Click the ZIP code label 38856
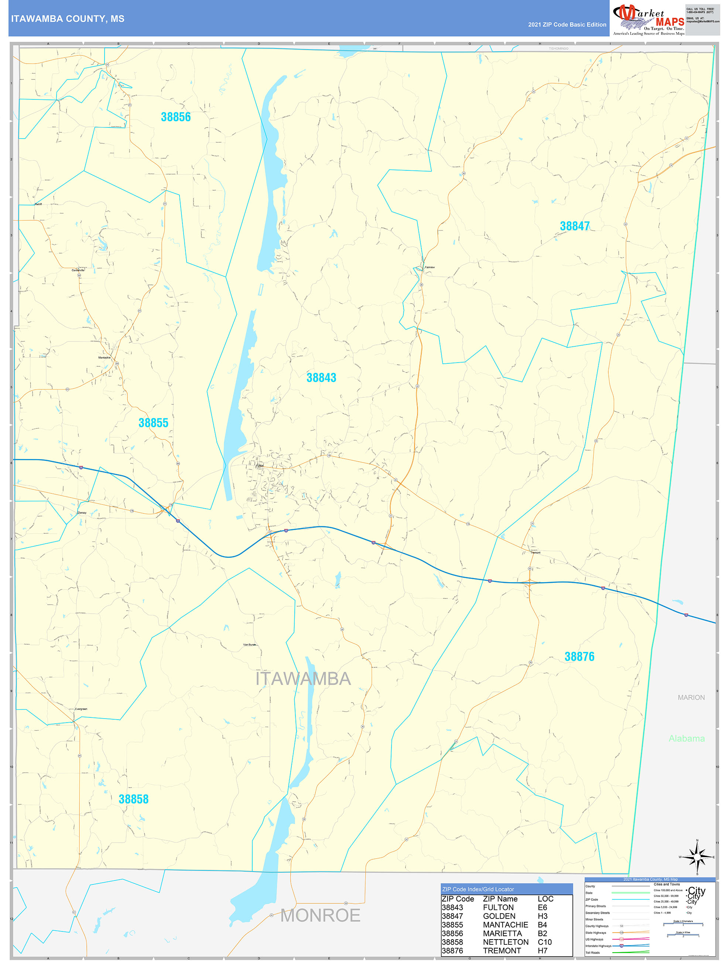(x=176, y=117)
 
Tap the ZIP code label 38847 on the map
(x=574, y=226)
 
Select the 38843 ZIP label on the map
(x=321, y=377)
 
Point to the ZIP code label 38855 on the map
(x=153, y=423)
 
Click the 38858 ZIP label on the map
(x=134, y=799)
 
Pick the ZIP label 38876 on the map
(x=579, y=656)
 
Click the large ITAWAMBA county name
(x=303, y=679)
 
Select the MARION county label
(x=691, y=697)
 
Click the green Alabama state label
(x=686, y=738)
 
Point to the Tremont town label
(x=535, y=553)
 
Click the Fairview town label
(x=430, y=267)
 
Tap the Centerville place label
(x=78, y=270)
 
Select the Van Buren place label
(x=249, y=645)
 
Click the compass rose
(x=697, y=857)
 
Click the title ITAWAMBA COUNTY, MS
(x=68, y=19)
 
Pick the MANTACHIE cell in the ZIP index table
(x=505, y=924)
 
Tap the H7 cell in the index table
(x=542, y=951)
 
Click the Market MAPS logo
(x=648, y=19)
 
